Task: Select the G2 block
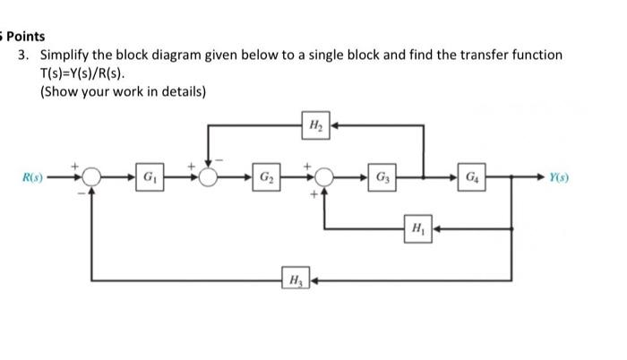pyautogui.click(x=266, y=176)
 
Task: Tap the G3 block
pyautogui.click(x=382, y=176)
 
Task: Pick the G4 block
pyautogui.click(x=472, y=176)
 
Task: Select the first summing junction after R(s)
pyautogui.click(x=91, y=177)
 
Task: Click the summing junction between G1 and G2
pyautogui.click(x=209, y=177)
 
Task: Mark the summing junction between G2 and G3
pyautogui.click(x=323, y=177)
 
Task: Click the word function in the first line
pyautogui.click(x=537, y=55)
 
